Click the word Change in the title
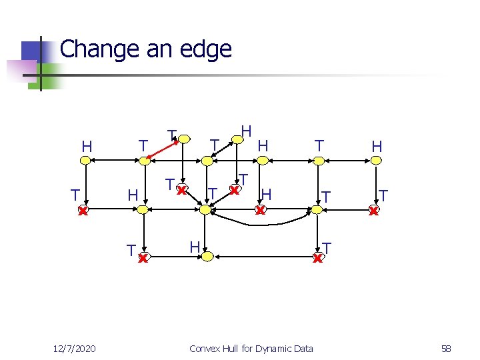coord(99,49)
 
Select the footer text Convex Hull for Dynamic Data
coord(251,348)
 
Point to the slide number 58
coord(446,348)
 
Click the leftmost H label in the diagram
coord(86,145)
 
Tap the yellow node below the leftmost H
coord(86,160)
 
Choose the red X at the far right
coord(374,211)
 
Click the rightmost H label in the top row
coord(377,145)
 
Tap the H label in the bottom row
coord(194,247)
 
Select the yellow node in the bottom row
coord(207,257)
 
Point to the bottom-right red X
coord(318,258)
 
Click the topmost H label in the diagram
coord(246,130)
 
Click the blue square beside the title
coord(31,52)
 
